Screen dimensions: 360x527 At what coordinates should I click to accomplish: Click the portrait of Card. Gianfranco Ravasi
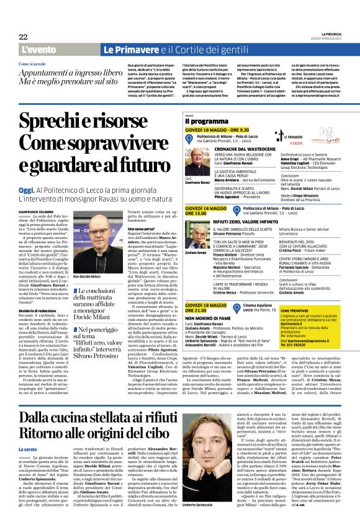coord(198,164)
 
